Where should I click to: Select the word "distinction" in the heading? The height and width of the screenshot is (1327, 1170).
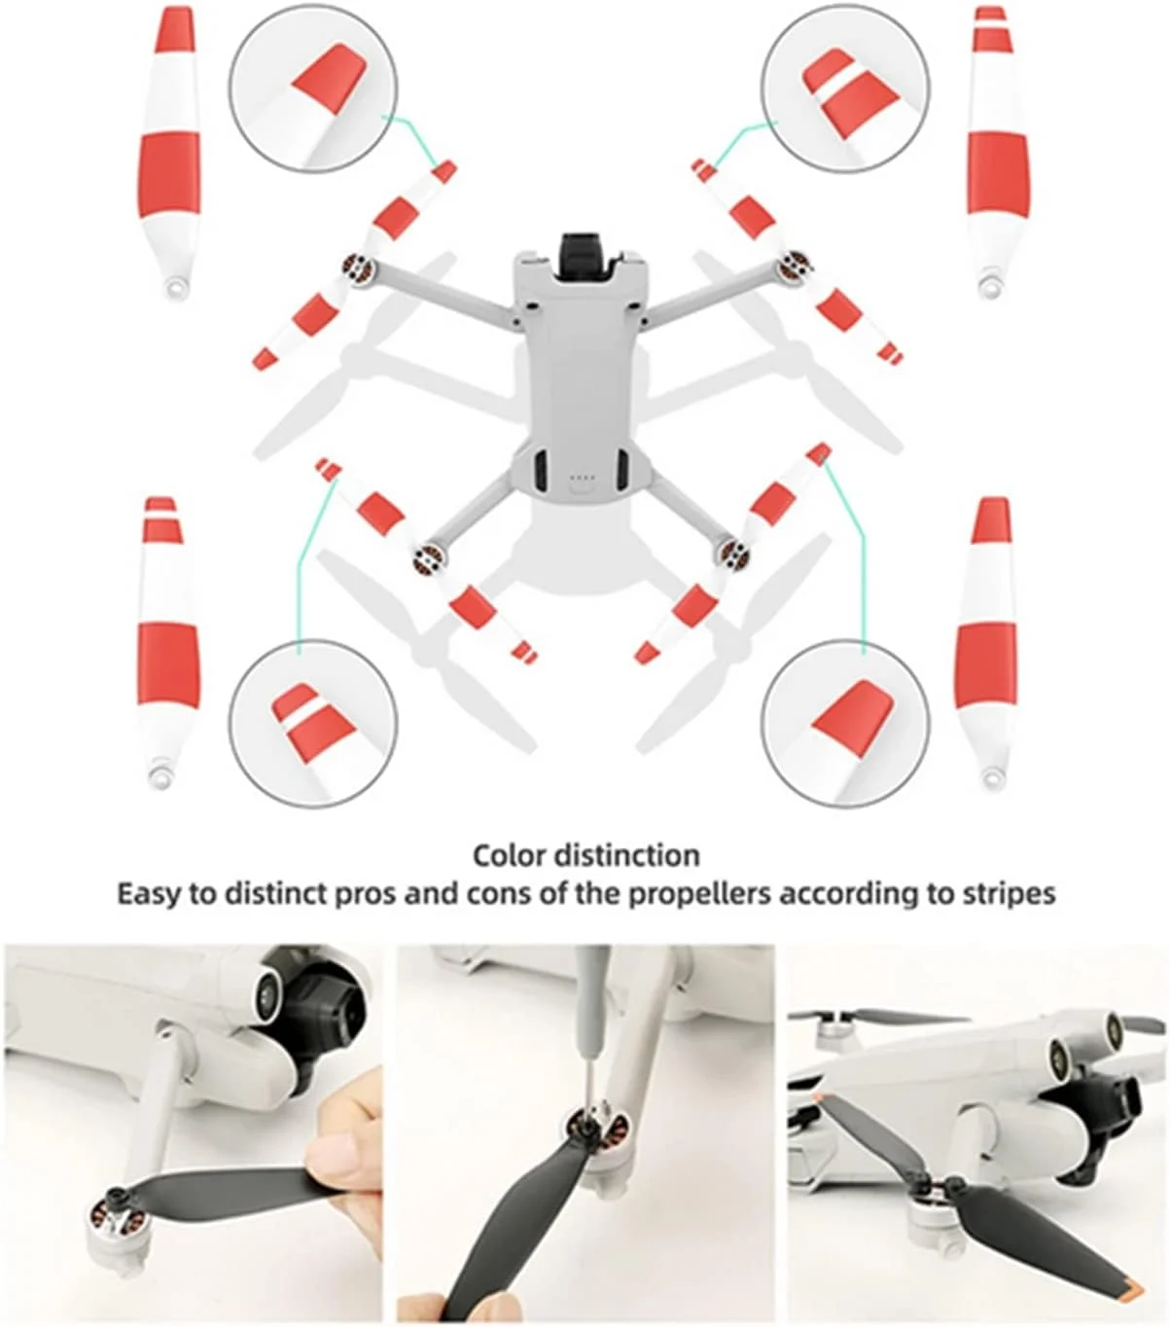pos(626,856)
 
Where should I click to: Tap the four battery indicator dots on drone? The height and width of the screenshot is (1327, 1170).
pos(581,478)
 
